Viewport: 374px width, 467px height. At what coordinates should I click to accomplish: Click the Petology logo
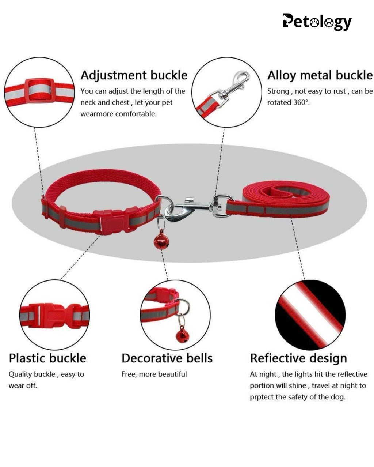[x=317, y=22]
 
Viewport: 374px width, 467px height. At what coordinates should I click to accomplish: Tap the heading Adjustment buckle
[x=134, y=75]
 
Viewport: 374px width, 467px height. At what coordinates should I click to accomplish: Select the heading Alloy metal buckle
[x=320, y=75]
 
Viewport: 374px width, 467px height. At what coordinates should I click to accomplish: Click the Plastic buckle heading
[x=47, y=358]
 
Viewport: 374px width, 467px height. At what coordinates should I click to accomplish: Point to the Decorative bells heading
[x=167, y=358]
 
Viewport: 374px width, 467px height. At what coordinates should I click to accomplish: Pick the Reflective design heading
[x=298, y=358]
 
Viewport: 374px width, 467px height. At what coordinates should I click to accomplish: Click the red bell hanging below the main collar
[x=161, y=242]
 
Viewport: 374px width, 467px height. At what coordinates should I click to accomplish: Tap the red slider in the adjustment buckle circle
[x=39, y=90]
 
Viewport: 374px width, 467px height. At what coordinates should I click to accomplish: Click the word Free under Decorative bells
[x=128, y=374]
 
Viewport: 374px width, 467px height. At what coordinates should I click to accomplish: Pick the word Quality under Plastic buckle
[x=20, y=374]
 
